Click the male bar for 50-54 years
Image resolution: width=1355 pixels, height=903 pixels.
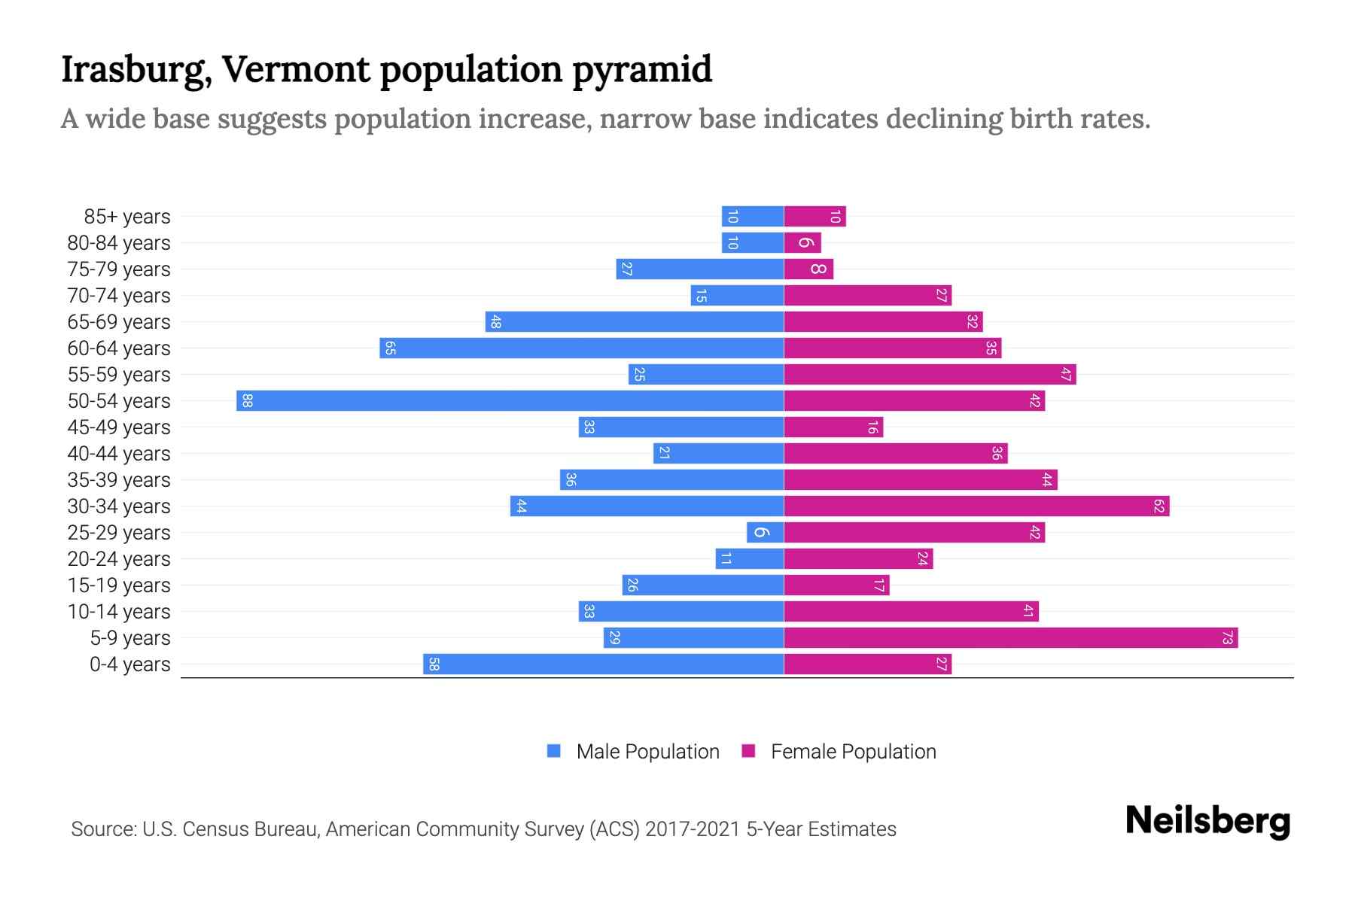[x=510, y=400]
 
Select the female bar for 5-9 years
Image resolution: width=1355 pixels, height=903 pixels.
[x=1010, y=638]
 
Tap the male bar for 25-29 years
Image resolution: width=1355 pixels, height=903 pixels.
[x=765, y=533]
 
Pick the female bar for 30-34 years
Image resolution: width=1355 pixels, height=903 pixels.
[x=976, y=506]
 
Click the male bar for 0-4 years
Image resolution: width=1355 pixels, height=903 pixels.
[x=603, y=664]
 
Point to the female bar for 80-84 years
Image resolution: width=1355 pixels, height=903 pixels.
[x=802, y=243]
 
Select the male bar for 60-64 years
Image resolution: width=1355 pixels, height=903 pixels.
[x=581, y=348]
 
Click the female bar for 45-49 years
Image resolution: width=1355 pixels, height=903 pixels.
[x=833, y=427]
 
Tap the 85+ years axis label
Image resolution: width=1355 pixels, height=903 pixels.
[x=127, y=217]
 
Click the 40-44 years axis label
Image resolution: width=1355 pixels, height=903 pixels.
[x=119, y=454]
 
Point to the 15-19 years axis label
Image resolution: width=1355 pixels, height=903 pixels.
[x=119, y=585]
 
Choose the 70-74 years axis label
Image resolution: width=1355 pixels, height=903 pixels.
[x=119, y=296]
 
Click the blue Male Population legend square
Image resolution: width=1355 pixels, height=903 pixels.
[x=554, y=751]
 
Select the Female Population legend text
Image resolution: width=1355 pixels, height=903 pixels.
[x=853, y=752]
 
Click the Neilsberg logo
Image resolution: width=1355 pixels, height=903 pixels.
[x=1207, y=821]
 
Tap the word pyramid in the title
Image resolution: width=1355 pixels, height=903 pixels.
[x=641, y=70]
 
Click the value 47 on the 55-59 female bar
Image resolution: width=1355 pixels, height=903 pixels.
[x=1065, y=375]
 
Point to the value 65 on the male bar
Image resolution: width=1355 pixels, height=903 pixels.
[x=390, y=348]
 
